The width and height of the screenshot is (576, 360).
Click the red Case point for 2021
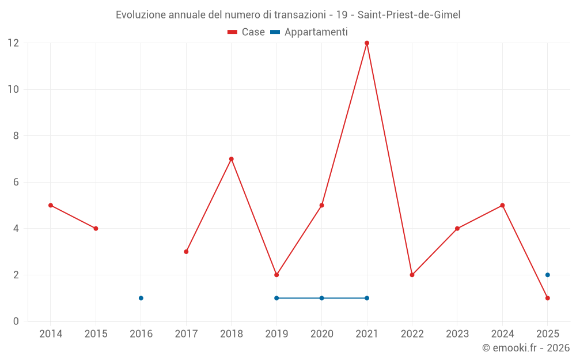(367, 43)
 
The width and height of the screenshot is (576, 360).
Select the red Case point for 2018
(232, 159)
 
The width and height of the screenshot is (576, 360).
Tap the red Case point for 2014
(51, 205)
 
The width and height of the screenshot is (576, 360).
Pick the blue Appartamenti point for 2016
(141, 298)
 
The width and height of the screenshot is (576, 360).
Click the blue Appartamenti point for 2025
(548, 275)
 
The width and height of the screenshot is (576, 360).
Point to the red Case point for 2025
(548, 298)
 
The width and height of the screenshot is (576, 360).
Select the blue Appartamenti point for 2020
(322, 298)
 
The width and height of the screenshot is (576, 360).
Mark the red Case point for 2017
(186, 252)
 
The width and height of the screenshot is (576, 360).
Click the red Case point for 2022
(412, 275)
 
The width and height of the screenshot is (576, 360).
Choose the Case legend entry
(247, 32)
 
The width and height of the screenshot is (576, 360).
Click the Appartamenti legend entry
(309, 32)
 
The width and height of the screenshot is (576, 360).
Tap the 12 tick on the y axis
(13, 43)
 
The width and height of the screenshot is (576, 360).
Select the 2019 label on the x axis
(276, 334)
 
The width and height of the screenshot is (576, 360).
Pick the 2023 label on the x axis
(457, 334)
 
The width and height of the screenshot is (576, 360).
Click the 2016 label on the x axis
(141, 334)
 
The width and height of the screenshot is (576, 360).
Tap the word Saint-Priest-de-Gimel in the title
(409, 15)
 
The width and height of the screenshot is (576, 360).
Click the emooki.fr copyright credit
(526, 348)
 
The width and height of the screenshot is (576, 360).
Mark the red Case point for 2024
(503, 205)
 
